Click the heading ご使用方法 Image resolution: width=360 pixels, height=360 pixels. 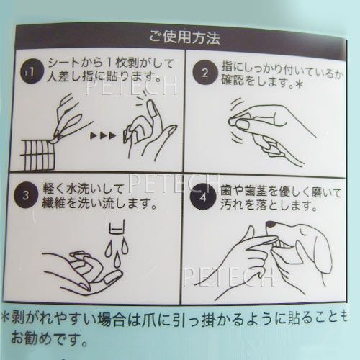click(184, 37)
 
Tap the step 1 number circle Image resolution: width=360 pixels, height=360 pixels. click(32, 71)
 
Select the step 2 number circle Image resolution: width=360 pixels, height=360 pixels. click(204, 73)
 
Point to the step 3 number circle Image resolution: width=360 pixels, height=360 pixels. click(26, 195)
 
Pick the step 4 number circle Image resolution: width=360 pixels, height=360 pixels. click(202, 198)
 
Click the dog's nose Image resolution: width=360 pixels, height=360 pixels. click(271, 225)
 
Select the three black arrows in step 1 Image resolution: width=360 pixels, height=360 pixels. click(103, 136)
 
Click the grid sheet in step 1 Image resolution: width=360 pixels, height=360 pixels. click(37, 155)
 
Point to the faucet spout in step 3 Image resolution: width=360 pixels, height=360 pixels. click(117, 227)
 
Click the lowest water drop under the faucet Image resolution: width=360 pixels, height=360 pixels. click(117, 261)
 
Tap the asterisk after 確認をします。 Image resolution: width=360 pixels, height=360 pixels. click(299, 84)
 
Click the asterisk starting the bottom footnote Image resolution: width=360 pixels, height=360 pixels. click(5, 318)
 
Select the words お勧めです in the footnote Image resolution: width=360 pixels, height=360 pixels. click(45, 339)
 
